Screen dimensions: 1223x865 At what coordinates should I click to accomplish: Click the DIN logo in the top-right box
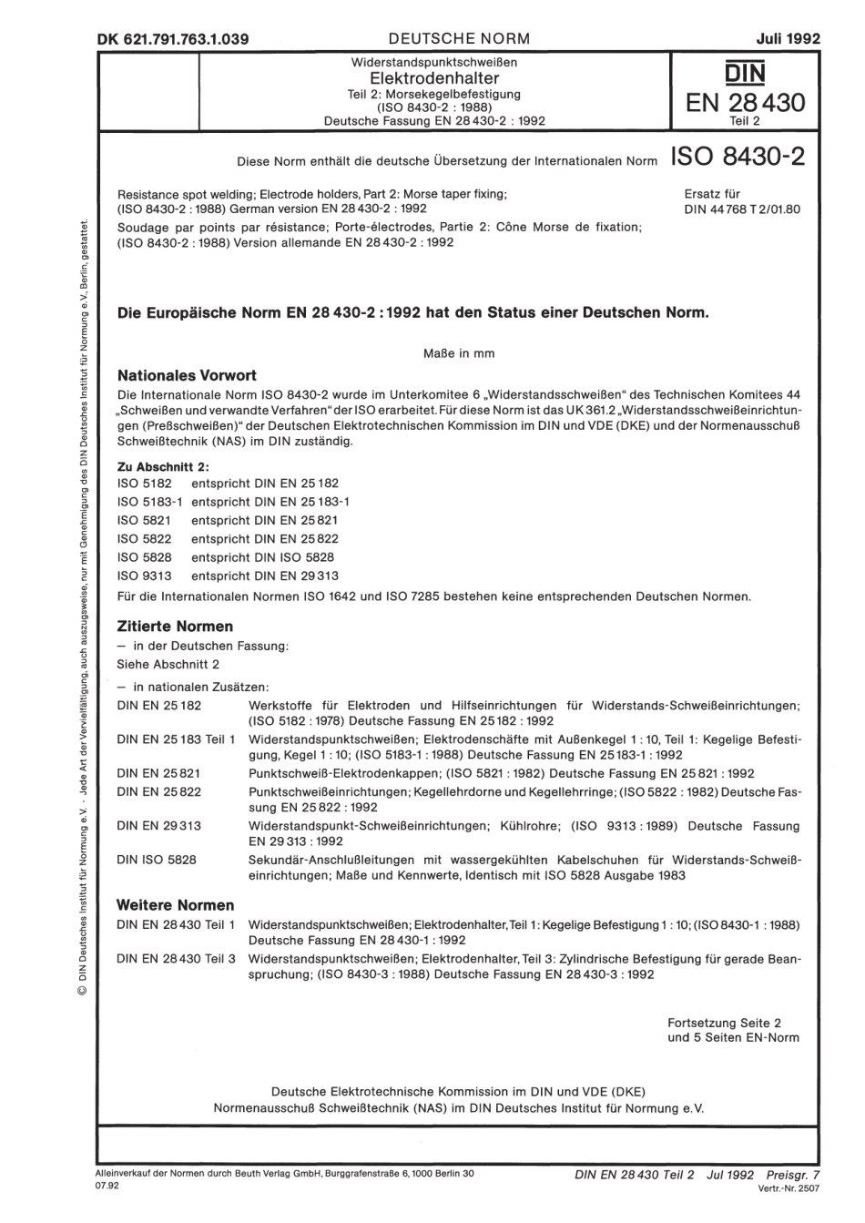(x=745, y=74)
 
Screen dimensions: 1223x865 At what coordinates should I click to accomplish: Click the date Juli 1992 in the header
(x=788, y=38)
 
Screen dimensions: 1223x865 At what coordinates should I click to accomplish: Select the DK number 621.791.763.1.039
(x=172, y=39)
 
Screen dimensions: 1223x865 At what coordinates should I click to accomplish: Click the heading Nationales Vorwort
(x=188, y=375)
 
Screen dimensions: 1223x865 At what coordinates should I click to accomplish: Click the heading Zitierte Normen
(x=176, y=627)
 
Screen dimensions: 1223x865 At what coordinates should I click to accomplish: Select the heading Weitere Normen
(x=176, y=905)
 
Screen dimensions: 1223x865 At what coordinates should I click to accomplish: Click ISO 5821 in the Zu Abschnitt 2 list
(x=145, y=520)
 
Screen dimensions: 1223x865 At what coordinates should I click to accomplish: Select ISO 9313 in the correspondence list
(x=145, y=576)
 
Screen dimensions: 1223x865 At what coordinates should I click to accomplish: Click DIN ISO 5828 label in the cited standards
(x=157, y=859)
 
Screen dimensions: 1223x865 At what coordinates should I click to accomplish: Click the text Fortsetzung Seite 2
(x=724, y=1023)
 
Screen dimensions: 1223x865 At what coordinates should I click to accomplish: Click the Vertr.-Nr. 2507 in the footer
(x=789, y=1189)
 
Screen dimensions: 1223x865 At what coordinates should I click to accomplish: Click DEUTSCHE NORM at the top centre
(x=458, y=38)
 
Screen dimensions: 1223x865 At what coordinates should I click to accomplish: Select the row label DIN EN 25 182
(x=159, y=705)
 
